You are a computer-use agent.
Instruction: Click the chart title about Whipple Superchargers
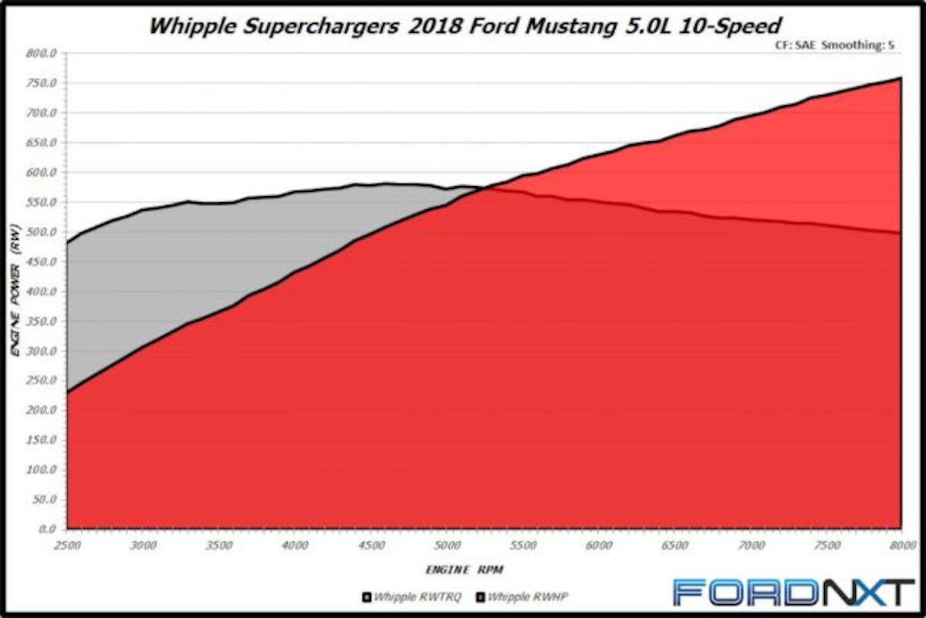464,25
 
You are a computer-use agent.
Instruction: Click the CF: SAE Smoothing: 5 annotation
835,46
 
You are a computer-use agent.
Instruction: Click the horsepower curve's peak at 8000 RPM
901,78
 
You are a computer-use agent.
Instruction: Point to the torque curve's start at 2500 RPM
67,243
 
